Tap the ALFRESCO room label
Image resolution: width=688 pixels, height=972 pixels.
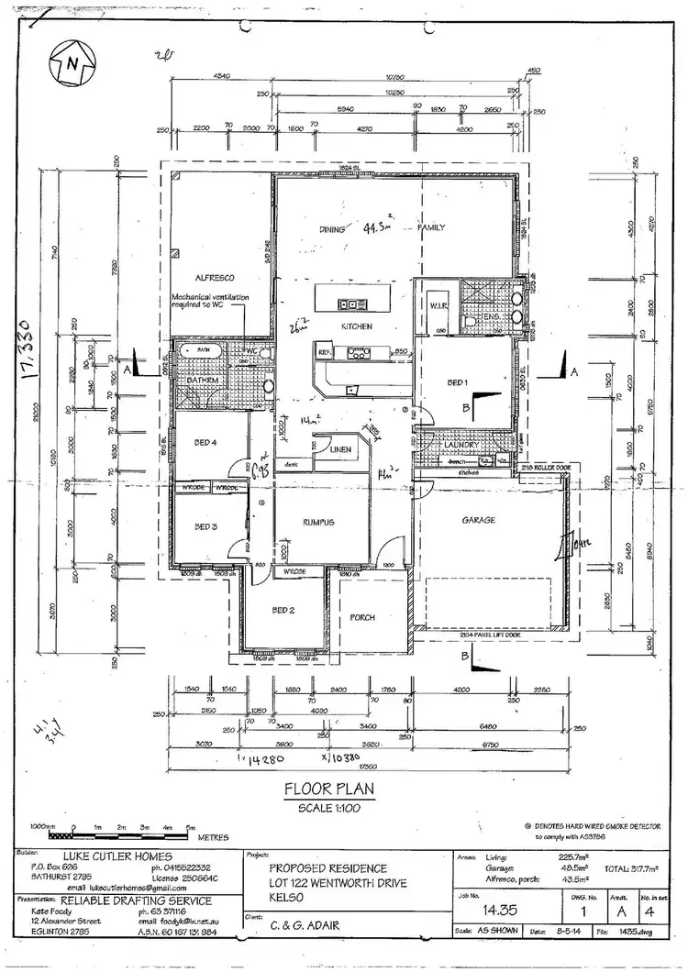(216, 276)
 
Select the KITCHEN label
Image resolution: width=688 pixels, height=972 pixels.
(354, 326)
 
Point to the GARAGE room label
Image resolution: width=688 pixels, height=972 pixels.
(478, 520)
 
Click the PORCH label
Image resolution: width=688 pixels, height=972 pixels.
(362, 617)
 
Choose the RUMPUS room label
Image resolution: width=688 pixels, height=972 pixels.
(319, 522)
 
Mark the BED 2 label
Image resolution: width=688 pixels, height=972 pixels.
(283, 610)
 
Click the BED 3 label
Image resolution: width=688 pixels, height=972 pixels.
(206, 527)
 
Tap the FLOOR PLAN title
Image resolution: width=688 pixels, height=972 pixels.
(327, 788)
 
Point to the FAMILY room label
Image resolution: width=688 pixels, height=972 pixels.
(431, 226)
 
